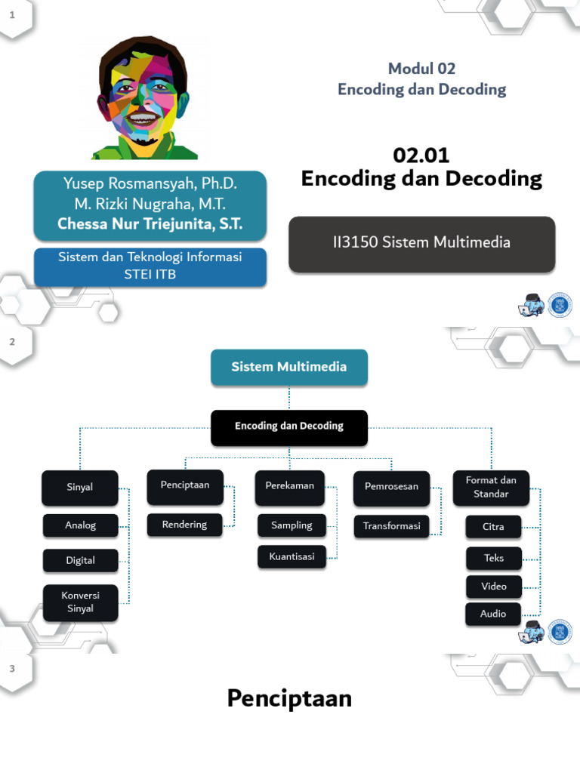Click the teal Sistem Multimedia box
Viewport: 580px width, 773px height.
click(x=289, y=367)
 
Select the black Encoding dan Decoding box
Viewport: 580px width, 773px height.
click(x=289, y=427)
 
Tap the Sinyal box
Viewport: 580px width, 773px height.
click(x=80, y=488)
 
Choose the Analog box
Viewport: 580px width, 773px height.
click(x=80, y=525)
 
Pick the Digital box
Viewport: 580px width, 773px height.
click(x=80, y=561)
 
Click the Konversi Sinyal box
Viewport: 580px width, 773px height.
click(x=80, y=602)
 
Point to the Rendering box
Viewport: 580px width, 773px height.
click(x=184, y=525)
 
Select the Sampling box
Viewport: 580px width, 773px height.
click(x=292, y=525)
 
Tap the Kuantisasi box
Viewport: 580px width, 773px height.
click(x=292, y=557)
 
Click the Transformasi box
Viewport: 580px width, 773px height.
click(x=391, y=526)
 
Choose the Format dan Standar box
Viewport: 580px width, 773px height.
click(x=491, y=488)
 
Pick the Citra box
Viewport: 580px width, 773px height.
click(x=493, y=527)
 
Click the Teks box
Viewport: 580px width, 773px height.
click(x=493, y=559)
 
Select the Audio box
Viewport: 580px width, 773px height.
click(x=493, y=614)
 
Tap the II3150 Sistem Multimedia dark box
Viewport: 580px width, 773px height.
click(x=421, y=243)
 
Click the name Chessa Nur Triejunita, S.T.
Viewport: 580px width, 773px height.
click(x=150, y=224)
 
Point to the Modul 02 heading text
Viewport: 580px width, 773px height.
click(x=421, y=69)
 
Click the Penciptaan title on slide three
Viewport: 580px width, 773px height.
click(x=289, y=699)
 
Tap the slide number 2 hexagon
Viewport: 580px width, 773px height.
click(x=12, y=342)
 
